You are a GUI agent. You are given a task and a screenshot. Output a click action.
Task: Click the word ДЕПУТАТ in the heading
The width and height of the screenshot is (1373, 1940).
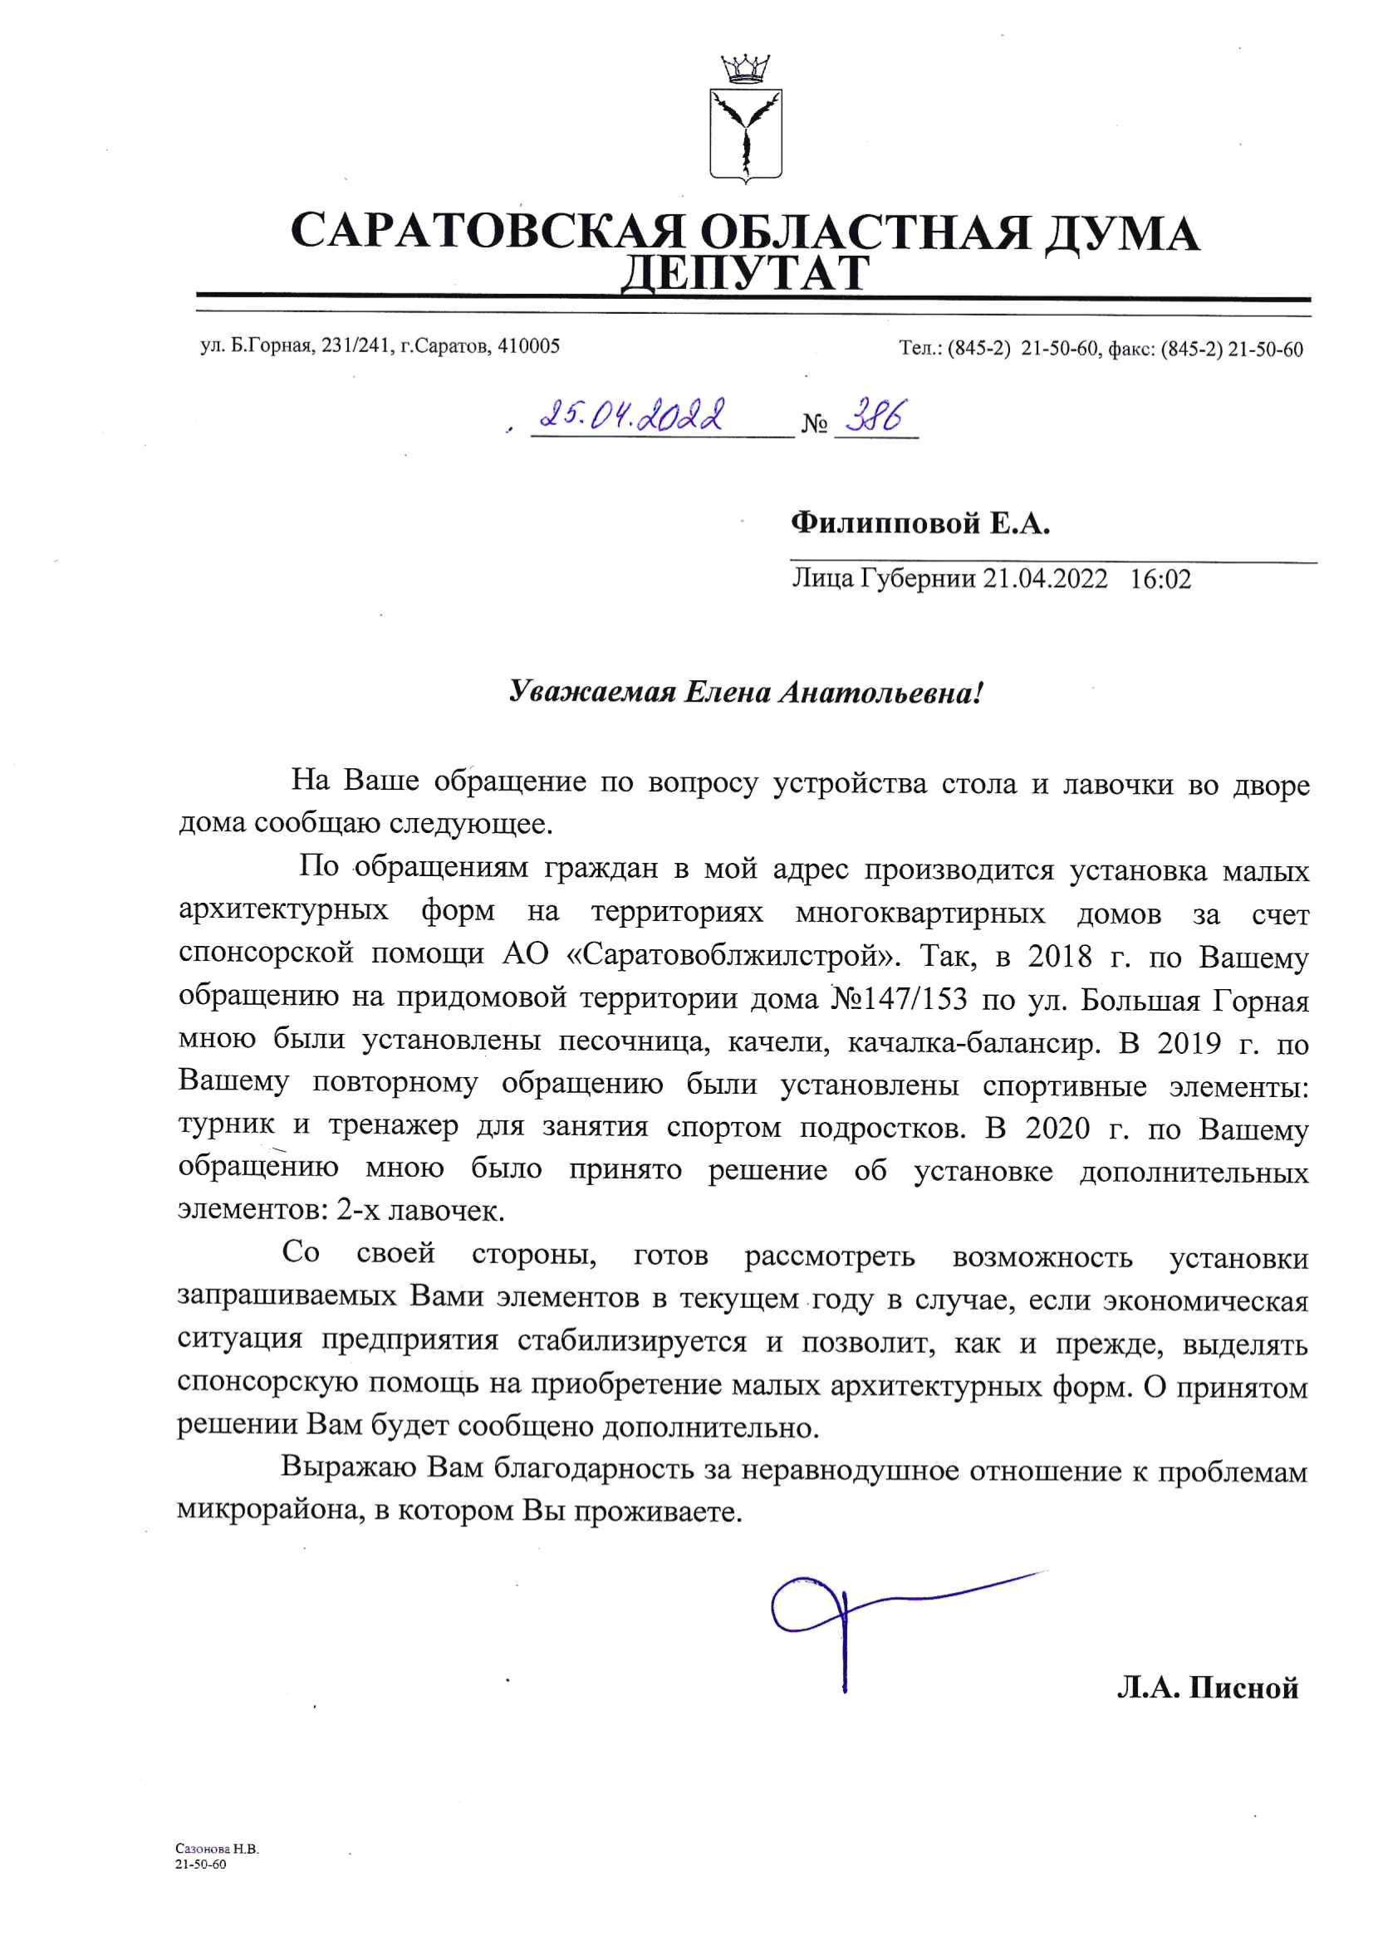tap(745, 272)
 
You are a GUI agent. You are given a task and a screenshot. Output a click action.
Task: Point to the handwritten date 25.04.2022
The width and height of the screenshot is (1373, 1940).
tap(635, 417)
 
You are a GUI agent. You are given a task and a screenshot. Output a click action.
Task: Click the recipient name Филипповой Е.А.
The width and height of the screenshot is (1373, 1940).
tap(919, 526)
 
